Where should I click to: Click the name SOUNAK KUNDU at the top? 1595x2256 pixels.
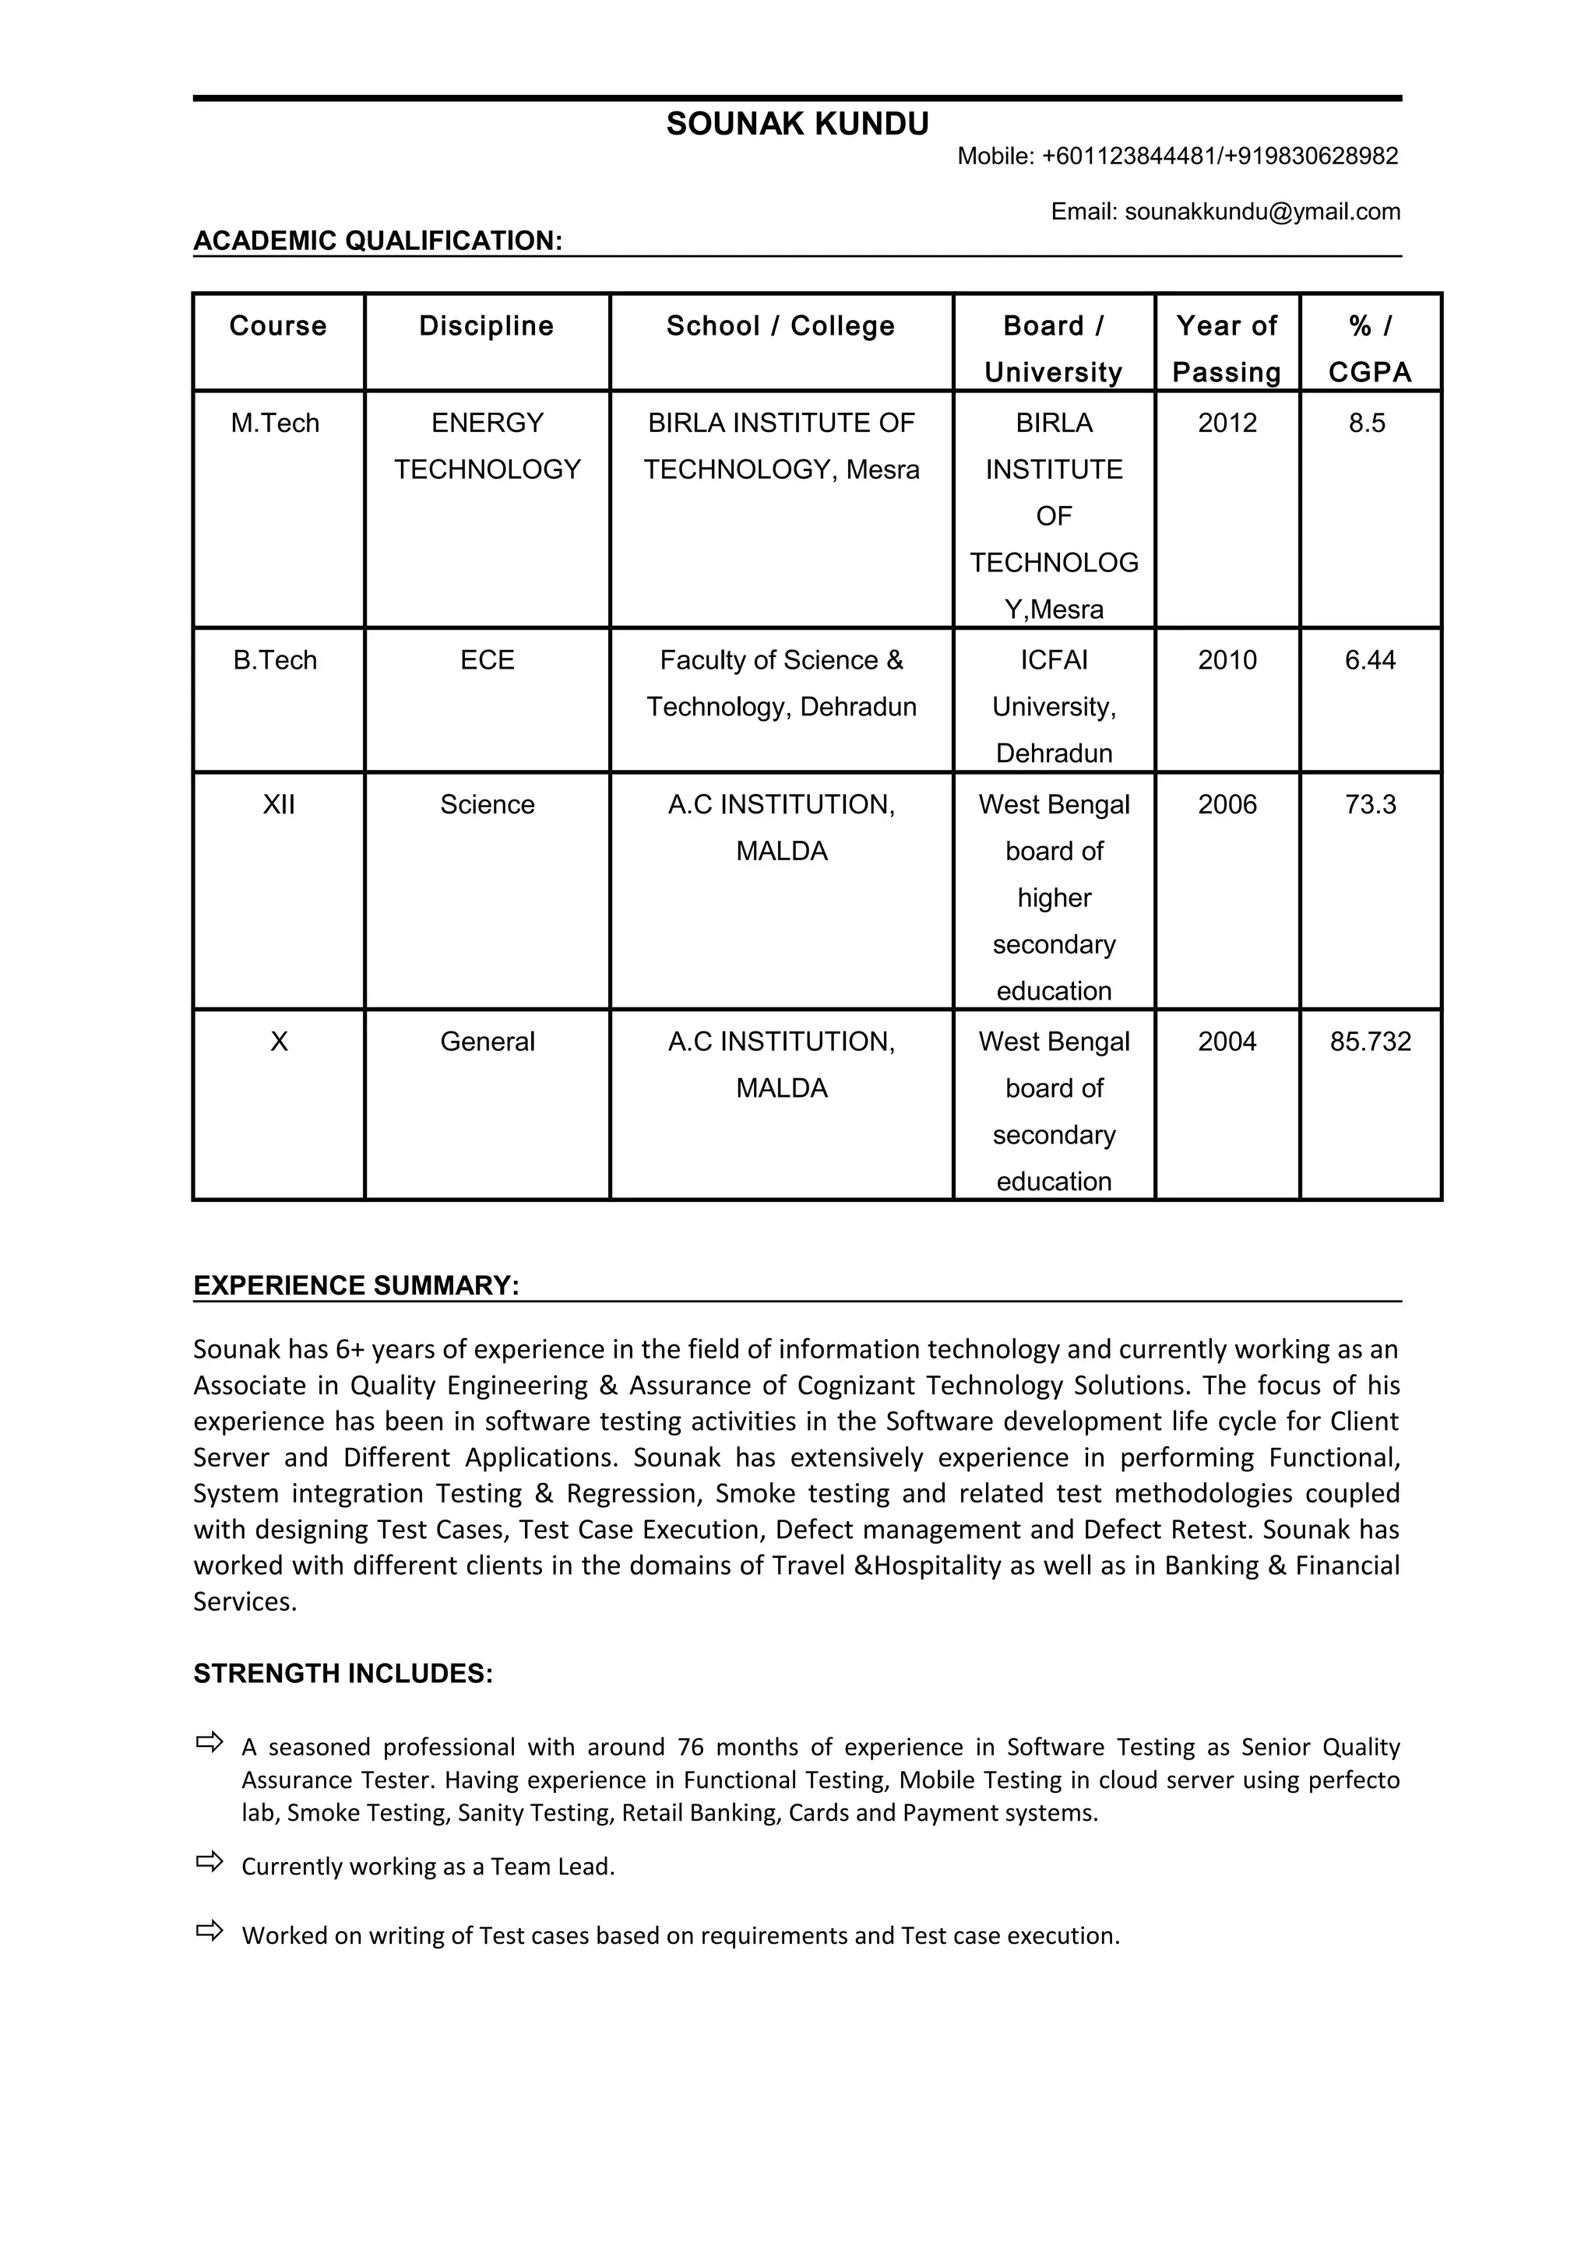click(797, 124)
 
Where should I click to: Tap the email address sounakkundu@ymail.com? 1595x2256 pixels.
click(1262, 211)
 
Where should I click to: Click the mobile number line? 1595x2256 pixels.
click(1178, 156)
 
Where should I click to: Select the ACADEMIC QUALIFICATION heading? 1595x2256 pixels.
click(378, 241)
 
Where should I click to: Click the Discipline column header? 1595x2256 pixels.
click(487, 326)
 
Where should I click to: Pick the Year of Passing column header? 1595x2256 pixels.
click(1227, 349)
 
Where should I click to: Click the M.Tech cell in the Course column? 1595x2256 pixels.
click(275, 423)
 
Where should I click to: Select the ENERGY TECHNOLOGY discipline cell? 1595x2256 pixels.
click(487, 446)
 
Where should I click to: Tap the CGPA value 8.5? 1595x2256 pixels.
click(1366, 423)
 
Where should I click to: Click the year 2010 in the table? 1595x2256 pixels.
click(1227, 659)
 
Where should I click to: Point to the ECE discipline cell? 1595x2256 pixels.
click(487, 659)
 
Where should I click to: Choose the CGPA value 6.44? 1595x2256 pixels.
click(1370, 659)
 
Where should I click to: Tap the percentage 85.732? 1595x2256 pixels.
click(1370, 1041)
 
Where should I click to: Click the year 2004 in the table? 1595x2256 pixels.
click(1227, 1041)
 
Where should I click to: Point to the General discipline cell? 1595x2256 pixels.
click(487, 1041)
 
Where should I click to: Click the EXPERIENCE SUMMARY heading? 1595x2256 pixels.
click(356, 1285)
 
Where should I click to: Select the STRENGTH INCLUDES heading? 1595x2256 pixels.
click(343, 1674)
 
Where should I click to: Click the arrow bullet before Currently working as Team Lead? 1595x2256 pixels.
click(209, 1861)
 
